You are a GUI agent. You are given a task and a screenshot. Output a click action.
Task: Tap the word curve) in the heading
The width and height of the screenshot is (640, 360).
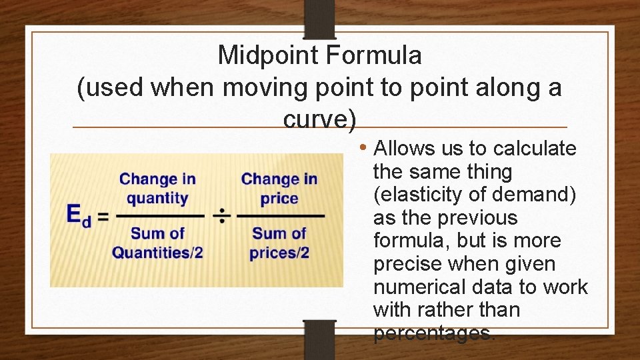tap(320, 119)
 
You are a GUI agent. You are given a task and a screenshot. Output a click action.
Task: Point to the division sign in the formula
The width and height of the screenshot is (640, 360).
tap(221, 215)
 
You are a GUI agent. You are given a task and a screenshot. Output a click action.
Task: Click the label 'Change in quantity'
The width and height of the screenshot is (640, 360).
tap(157, 188)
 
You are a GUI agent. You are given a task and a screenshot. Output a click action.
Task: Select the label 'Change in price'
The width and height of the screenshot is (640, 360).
tap(279, 188)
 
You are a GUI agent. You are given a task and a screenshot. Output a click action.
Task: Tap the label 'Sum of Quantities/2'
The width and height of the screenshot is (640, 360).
tap(157, 243)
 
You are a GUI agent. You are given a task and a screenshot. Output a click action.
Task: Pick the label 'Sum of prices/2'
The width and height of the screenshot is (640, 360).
tap(279, 243)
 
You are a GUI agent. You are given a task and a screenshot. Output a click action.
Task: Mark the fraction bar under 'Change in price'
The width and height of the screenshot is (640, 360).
tap(280, 216)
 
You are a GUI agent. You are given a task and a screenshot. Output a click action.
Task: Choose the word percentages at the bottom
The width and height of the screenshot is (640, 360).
tap(434, 333)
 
